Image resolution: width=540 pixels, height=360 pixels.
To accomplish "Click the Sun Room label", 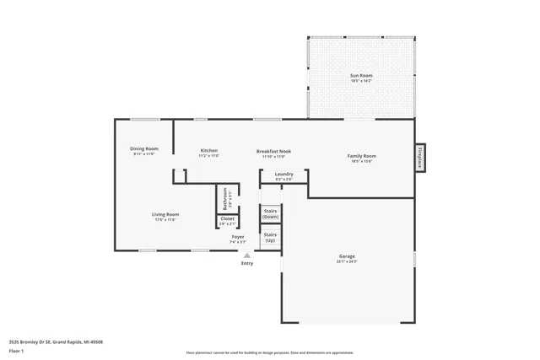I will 361,76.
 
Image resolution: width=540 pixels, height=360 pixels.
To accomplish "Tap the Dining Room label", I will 145,149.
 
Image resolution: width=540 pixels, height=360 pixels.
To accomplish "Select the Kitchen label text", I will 208,151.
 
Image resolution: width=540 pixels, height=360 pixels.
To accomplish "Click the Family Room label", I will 362,156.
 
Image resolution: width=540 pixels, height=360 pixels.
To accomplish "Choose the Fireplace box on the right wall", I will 419,158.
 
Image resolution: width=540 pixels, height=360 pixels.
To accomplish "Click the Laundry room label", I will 283,175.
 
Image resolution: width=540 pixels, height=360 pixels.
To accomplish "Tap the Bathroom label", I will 225,199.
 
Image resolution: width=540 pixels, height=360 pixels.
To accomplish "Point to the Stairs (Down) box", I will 270,214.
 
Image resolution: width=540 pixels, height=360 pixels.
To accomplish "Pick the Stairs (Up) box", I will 270,238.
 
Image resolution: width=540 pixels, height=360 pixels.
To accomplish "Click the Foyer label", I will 239,238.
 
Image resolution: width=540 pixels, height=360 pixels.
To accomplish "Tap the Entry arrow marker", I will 246,255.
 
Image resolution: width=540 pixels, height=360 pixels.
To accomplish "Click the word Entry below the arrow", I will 246,263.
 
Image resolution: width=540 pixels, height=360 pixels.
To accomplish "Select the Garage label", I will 346,255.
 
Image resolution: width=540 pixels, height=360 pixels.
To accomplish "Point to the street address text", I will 56,341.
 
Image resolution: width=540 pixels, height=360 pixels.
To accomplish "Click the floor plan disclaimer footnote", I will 270,353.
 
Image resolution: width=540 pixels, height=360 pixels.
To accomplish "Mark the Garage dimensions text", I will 346,261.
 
